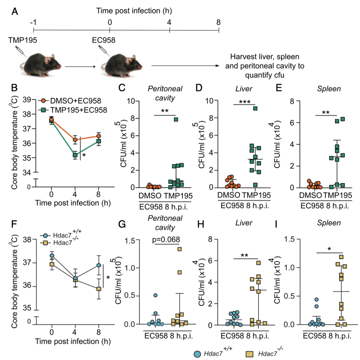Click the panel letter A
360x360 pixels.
(15, 12)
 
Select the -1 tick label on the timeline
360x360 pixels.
(33, 23)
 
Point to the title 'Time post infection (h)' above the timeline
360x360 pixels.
(134, 11)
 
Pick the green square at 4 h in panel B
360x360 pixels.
(75, 155)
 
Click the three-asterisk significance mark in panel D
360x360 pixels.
(243, 101)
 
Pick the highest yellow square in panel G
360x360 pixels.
(180, 249)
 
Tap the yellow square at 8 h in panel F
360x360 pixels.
(99, 289)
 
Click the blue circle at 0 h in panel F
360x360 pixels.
(52, 256)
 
